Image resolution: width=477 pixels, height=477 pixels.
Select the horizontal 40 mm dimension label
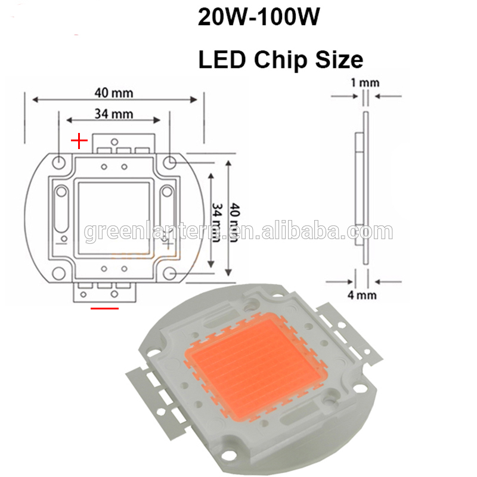tap(113, 92)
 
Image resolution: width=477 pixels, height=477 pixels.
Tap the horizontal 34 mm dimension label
tap(113, 113)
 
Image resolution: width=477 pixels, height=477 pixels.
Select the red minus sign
tap(104, 308)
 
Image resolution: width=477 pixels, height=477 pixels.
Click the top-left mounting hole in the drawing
tap(60, 162)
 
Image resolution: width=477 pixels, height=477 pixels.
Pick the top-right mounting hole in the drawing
tap(171, 161)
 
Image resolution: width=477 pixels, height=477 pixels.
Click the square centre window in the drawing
tap(114, 216)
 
